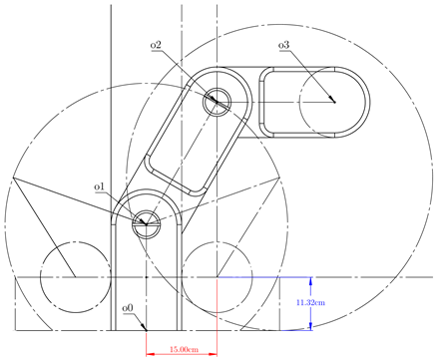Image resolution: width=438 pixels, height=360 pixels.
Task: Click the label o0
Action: [128, 308]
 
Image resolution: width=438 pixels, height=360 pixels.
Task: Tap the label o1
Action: [99, 187]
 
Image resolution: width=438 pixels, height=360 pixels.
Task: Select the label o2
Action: [156, 45]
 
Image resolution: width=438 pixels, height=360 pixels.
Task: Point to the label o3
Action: [283, 45]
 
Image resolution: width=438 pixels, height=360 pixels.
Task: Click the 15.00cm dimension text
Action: [184, 349]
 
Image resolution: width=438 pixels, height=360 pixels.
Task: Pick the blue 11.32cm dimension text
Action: [310, 302]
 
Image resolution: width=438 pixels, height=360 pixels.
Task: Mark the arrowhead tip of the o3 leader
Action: [334, 102]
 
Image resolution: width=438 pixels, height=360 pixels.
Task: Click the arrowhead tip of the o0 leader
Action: [147, 330]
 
